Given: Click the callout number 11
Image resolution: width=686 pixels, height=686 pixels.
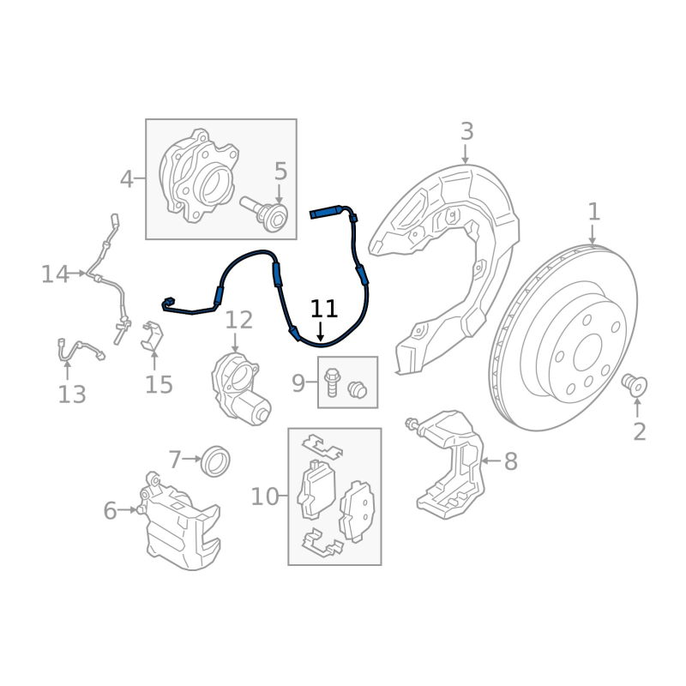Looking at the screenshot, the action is coord(324,309).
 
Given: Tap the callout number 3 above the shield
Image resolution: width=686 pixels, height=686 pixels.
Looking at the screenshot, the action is coord(466,131).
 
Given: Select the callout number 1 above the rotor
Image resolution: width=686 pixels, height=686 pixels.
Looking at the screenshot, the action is coord(593,212).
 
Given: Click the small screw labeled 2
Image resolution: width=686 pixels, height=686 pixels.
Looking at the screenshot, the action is coord(635,385).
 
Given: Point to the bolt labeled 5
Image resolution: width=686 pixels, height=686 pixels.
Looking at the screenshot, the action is coord(266,214).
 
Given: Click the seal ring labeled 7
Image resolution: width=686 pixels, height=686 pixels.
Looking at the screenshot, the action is coord(215,461).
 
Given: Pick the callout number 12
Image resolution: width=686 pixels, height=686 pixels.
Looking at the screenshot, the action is coord(239,320).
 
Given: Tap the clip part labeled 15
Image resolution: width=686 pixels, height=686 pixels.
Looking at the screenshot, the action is coord(152,336).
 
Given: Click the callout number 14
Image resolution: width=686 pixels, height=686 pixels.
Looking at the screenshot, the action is coord(55,274).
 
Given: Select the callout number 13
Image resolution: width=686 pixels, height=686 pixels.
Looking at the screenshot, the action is coord(72,394).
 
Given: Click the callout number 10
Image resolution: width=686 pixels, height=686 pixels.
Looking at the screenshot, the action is coord(264,496).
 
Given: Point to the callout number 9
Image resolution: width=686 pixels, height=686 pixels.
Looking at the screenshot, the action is coord(298,383).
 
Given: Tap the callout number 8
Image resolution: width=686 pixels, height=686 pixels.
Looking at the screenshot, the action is coord(510,461).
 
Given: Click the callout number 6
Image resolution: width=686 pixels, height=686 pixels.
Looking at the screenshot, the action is coord(110,510).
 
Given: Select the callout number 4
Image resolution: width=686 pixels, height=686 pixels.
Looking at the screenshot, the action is coord(126,179).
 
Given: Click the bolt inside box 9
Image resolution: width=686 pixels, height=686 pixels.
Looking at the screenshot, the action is coord(331,382).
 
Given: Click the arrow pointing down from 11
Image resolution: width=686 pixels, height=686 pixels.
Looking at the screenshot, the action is coord(321,331).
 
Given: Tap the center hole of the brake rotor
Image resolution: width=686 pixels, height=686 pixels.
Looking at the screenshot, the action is coord(587,352).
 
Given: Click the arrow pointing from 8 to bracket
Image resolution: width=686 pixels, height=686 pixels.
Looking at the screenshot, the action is coord(490,460).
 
